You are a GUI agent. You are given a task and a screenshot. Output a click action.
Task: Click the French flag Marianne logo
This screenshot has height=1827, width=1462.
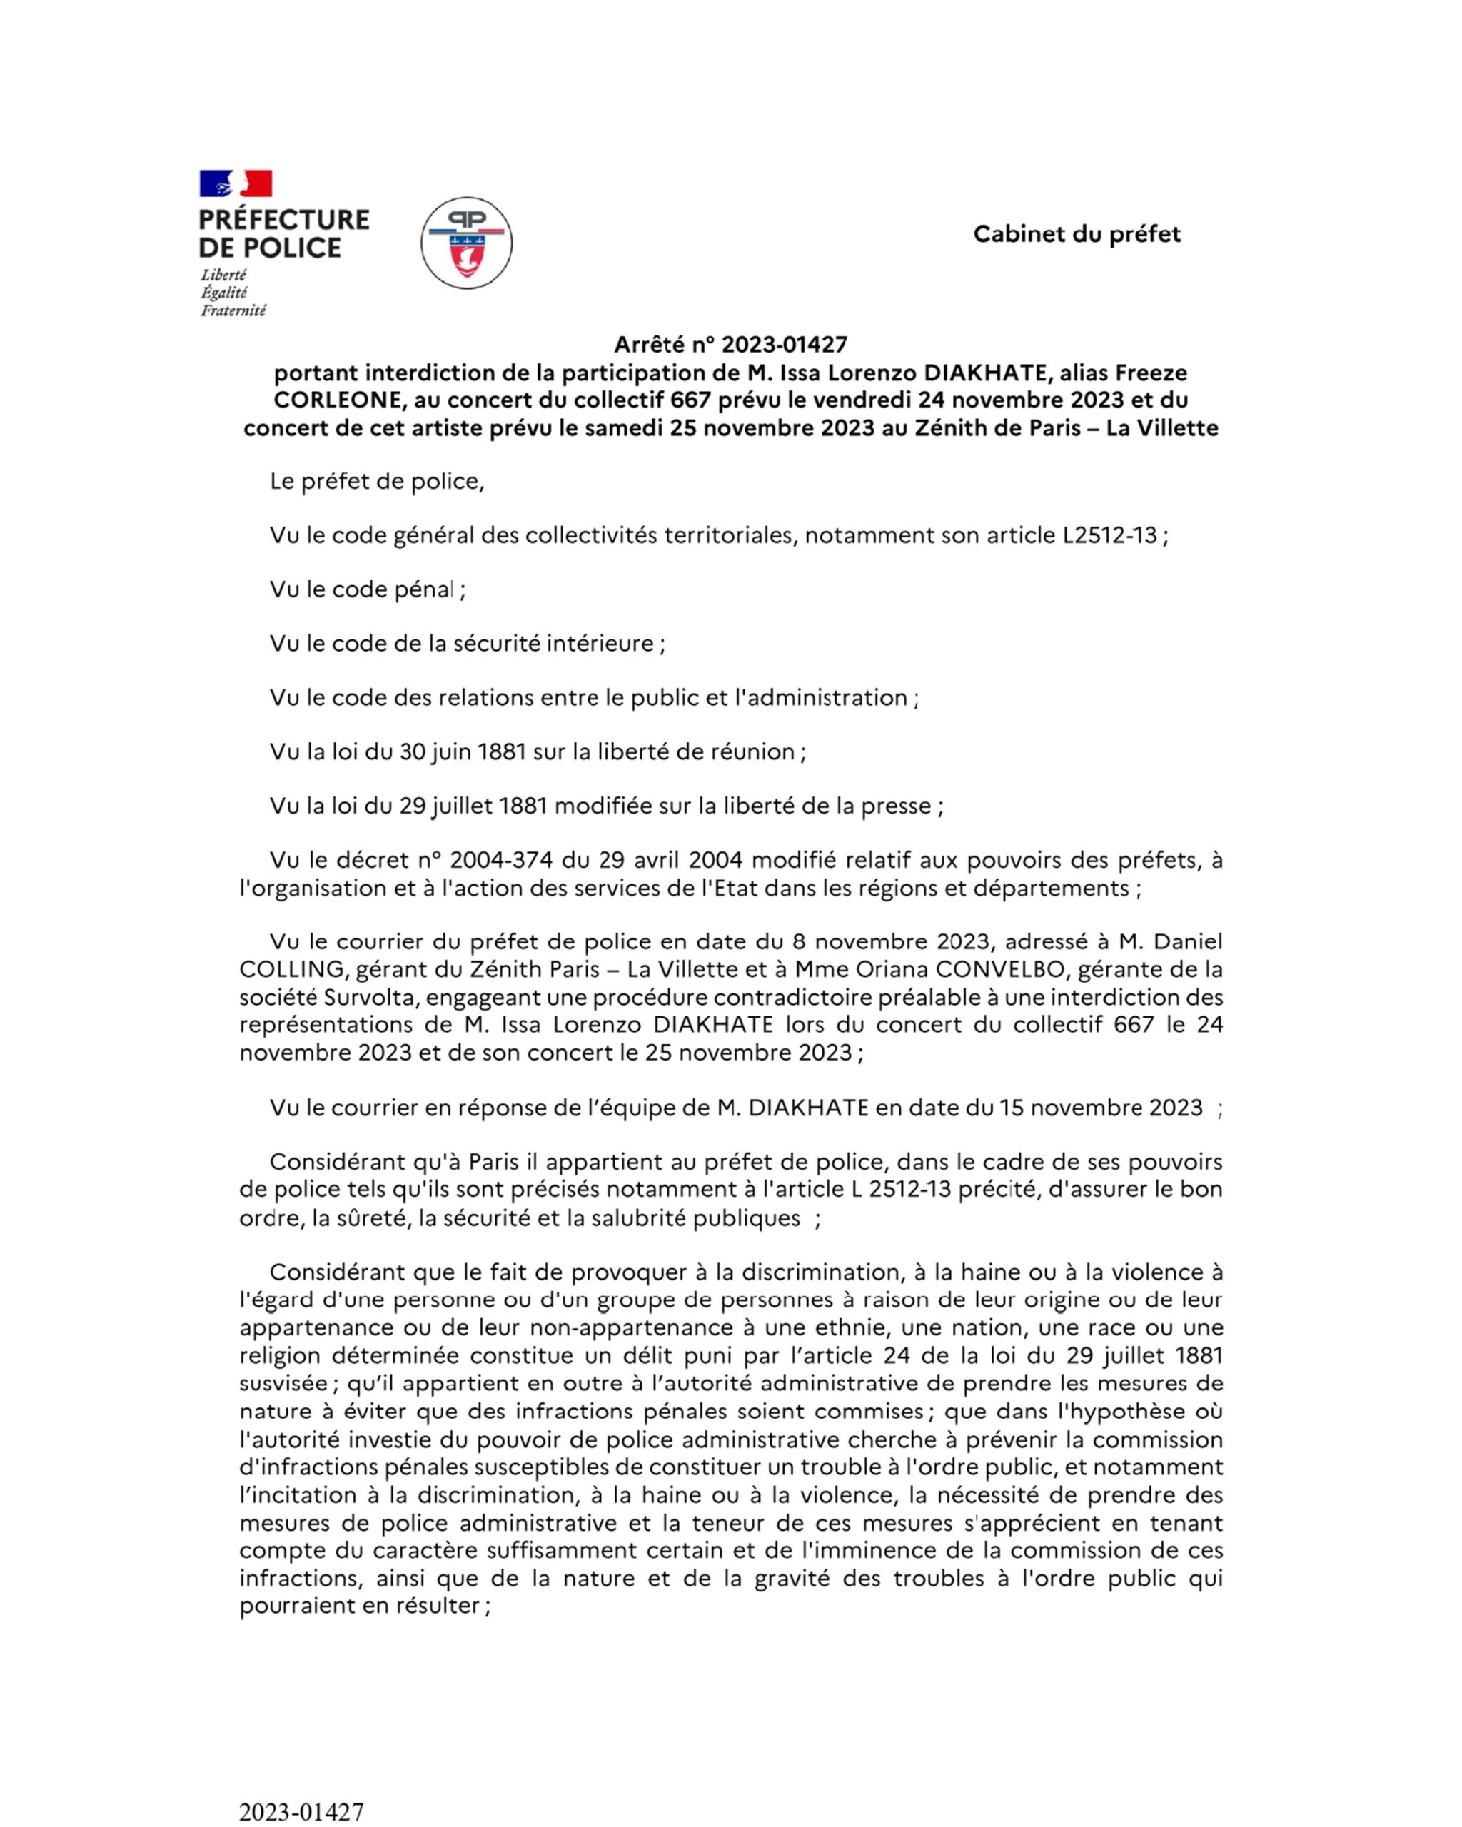point(236,183)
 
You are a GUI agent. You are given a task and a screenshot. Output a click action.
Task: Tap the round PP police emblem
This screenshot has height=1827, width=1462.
point(466,243)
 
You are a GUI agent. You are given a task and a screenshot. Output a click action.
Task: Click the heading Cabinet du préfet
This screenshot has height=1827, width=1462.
point(1077,234)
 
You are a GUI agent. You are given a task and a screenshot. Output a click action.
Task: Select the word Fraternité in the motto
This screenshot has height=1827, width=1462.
point(233,311)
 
